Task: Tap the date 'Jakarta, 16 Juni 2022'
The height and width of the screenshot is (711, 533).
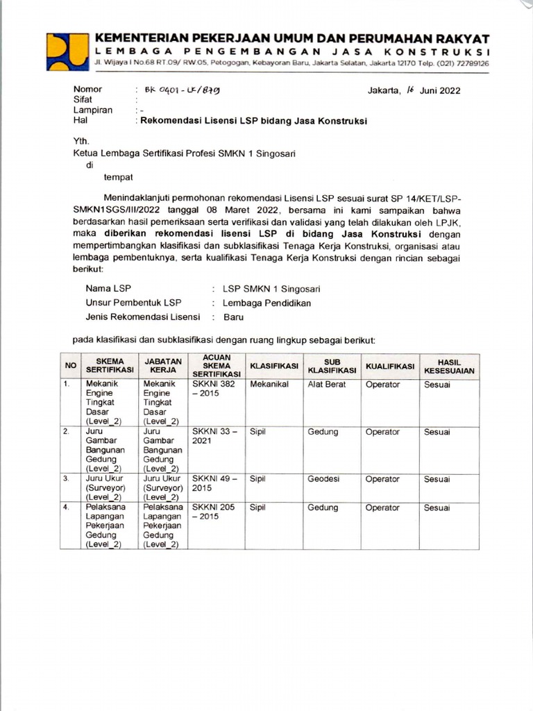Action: pos(414,90)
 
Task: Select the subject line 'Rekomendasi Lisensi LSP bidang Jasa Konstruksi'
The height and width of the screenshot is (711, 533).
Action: pos(253,120)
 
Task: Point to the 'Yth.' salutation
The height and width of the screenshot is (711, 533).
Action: pos(81,140)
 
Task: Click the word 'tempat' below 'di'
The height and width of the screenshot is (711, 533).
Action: pos(118,178)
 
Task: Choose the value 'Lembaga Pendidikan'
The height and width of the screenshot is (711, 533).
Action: pos(266,303)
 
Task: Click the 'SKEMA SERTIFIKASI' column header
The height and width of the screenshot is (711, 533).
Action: pos(110,365)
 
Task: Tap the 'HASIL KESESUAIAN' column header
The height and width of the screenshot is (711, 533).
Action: pos(449,365)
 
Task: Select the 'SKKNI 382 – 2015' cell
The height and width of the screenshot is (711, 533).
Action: pos(214,389)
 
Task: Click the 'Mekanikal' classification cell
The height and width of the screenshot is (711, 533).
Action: pos(269,384)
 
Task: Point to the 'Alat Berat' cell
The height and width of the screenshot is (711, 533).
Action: pos(326,384)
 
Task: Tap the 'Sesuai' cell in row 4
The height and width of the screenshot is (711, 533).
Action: pos(437,508)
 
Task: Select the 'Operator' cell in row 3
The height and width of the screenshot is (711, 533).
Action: pos(382,479)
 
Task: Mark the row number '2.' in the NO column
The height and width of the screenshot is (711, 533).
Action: pos(67,432)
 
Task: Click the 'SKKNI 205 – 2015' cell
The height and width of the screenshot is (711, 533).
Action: pos(214,512)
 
